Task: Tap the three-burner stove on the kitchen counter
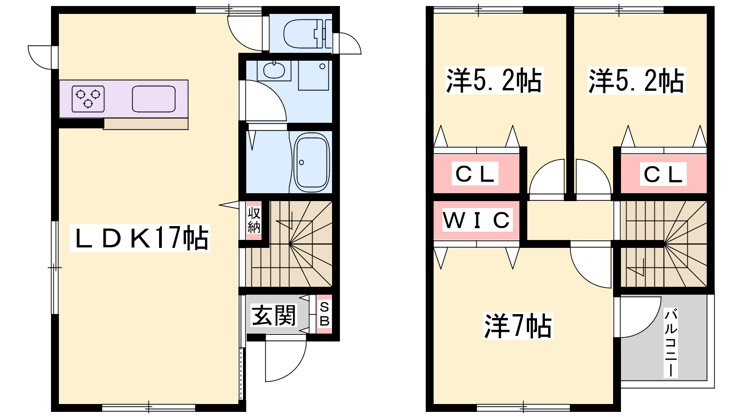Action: tap(88, 99)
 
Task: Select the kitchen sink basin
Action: tap(154, 99)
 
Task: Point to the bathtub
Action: tap(312, 162)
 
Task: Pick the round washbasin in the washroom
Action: tap(274, 70)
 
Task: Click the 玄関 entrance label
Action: tap(274, 315)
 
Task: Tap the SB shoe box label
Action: tap(324, 314)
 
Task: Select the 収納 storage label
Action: tap(254, 220)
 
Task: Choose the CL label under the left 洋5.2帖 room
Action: tap(475, 173)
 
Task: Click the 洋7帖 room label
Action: tap(518, 326)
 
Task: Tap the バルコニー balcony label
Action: tap(671, 343)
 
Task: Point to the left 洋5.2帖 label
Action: tap(494, 81)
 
